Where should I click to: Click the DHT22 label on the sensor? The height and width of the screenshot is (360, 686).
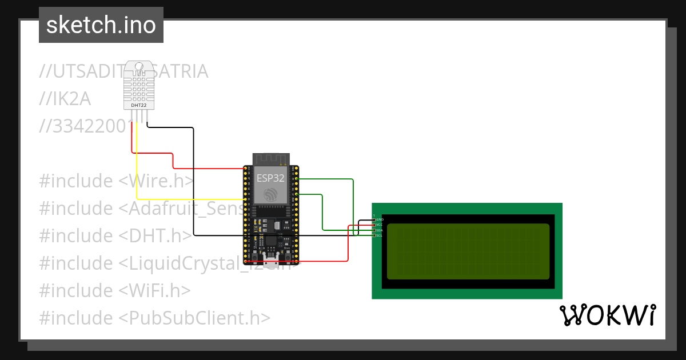tap(138, 105)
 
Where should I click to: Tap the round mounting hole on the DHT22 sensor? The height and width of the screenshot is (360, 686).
tap(138, 66)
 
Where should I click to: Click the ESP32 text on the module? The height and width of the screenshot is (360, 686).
tap(270, 178)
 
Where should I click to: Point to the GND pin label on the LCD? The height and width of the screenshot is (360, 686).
tap(378, 219)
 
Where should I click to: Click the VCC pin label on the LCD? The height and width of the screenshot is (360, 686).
tap(378, 225)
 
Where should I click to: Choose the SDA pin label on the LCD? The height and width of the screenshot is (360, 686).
tap(378, 230)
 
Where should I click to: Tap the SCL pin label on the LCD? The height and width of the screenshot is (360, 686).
tap(378, 235)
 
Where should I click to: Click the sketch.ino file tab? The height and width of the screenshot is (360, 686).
tap(101, 25)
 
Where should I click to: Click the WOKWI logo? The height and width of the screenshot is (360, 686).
tap(607, 315)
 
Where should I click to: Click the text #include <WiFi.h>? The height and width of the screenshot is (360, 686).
tap(114, 290)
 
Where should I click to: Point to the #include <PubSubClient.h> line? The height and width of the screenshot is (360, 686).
tap(154, 318)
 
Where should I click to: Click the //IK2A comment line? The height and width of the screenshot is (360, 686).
tap(65, 99)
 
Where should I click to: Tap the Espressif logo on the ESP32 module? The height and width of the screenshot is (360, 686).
tap(270, 195)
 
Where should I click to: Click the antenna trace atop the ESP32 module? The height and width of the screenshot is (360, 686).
tap(271, 158)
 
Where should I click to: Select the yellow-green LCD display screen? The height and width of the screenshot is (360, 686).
tap(468, 251)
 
